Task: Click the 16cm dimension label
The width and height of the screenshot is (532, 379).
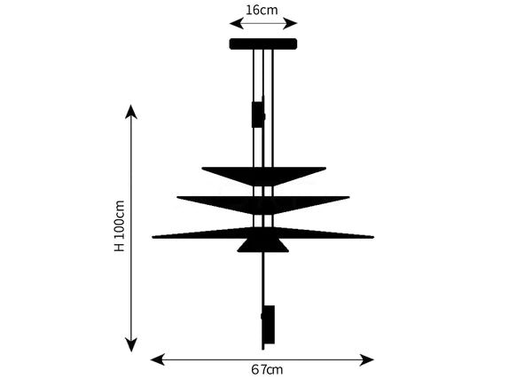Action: tap(262, 10)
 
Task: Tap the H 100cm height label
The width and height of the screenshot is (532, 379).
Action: tap(120, 226)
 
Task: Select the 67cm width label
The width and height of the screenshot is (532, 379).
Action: tap(267, 369)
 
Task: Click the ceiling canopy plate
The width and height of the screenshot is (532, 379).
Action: tap(263, 43)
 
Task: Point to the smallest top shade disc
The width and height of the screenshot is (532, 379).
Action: tap(263, 175)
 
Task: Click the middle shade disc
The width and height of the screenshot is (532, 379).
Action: tap(263, 204)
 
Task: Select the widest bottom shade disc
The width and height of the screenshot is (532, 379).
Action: tap(263, 233)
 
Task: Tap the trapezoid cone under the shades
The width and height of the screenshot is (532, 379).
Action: tap(263, 245)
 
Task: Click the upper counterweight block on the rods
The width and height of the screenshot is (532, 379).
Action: tap(258, 114)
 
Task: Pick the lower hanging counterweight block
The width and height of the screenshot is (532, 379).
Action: tap(268, 324)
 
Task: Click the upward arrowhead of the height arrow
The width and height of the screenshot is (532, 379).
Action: tap(131, 111)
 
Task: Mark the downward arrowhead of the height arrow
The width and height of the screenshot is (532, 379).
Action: tap(131, 344)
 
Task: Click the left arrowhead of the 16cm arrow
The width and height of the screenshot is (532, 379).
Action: tap(236, 23)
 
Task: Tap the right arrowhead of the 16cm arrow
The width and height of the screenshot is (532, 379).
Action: tap(291, 23)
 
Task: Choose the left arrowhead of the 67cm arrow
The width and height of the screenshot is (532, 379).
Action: tap(158, 359)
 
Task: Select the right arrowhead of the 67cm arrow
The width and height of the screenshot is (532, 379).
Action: tap(367, 359)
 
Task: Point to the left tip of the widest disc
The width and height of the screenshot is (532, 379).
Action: tap(153, 237)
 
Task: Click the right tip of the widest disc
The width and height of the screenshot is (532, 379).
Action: tap(373, 237)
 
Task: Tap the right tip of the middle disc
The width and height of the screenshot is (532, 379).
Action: tap(349, 197)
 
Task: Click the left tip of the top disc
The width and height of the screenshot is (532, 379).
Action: tap(202, 168)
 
